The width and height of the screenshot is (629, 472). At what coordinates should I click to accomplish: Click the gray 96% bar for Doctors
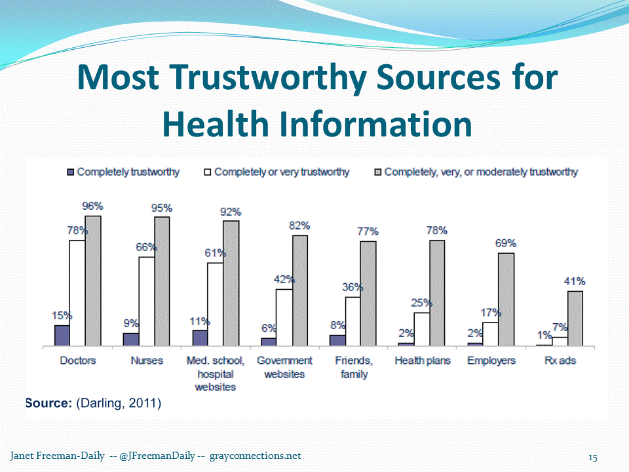pos(93,281)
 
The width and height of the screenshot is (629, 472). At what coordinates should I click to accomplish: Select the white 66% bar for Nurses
pos(147,301)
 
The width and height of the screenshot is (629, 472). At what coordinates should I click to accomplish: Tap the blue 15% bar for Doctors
pos(62,335)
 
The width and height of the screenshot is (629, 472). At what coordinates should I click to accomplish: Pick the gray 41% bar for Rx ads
pos(575,318)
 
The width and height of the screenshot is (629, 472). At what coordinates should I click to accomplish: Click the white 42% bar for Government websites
pos(284,317)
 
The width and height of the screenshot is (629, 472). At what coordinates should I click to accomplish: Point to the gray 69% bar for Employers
pos(506,299)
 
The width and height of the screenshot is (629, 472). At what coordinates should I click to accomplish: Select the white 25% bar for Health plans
pos(422,329)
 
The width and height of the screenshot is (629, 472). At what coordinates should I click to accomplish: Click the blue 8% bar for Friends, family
pos(337,340)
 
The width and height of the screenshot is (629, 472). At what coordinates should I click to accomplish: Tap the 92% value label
pos(231,212)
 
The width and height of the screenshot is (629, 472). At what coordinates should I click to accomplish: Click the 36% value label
pos(352,287)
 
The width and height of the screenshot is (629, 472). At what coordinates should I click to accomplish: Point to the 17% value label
pos(491,313)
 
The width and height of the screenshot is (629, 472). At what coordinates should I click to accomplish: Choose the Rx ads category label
pos(560,361)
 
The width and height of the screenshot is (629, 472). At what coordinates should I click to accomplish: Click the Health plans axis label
pos(423,361)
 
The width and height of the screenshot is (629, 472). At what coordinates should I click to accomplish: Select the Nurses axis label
pos(147,361)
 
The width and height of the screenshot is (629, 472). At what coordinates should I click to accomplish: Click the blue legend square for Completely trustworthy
pos(70,172)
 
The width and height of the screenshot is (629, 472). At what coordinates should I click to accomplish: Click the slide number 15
pos(593,456)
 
